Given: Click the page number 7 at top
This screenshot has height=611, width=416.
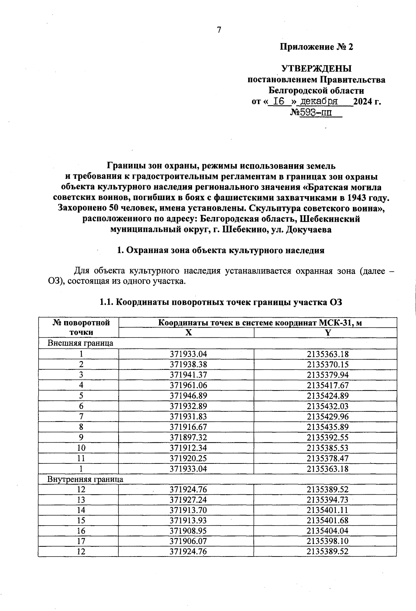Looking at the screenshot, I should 219,30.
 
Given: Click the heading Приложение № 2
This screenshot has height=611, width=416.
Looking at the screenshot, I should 316,47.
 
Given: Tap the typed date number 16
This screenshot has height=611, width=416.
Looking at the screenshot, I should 279,101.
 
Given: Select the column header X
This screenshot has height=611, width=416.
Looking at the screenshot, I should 188,333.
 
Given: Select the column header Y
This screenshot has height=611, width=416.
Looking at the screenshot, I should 328,333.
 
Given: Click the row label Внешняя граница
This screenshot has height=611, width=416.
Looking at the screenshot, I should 80,343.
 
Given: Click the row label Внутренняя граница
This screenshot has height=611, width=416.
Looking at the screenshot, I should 85,479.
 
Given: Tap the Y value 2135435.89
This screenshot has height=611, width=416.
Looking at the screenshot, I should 328,427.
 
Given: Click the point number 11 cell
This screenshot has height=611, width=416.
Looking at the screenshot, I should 81,458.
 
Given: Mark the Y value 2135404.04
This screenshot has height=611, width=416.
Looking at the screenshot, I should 328,530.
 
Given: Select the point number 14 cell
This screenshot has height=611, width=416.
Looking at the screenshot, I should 81,510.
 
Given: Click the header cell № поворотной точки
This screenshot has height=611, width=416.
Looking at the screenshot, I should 81,327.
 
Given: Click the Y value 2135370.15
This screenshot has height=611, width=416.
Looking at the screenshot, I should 328,364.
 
